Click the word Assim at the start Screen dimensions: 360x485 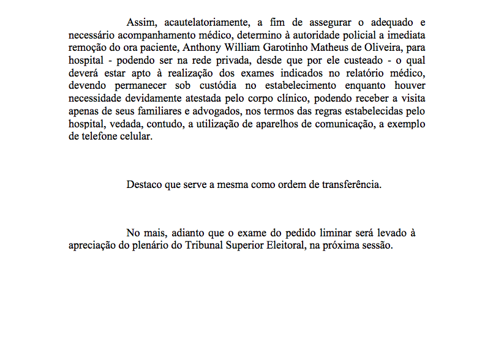[140, 23]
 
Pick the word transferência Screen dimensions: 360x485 [350, 184]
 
